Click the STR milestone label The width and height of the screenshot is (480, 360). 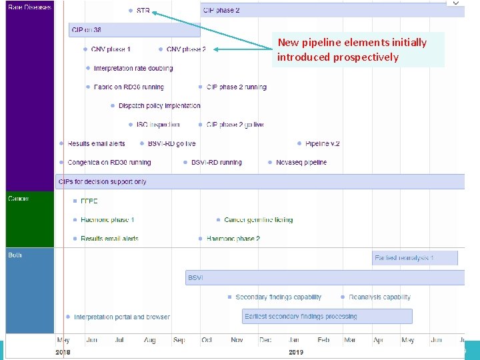point(143,11)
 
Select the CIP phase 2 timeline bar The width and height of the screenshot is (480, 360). point(332,11)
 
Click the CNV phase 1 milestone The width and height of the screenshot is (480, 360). point(110,49)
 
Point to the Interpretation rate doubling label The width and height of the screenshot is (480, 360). point(133,68)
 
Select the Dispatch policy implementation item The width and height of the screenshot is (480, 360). point(159,106)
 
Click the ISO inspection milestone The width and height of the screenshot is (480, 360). point(157,125)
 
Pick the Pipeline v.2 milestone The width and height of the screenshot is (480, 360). point(322,143)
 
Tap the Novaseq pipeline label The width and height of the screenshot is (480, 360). point(301,162)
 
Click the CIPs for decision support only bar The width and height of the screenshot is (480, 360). point(260,181)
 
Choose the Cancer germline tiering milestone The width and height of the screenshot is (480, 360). point(258,219)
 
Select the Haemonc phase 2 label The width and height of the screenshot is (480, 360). point(233,239)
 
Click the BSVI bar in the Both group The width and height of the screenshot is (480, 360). point(325,277)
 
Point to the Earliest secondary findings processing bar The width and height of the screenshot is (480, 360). point(327,316)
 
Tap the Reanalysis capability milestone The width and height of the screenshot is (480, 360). point(379,297)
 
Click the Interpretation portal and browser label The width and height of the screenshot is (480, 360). point(121,317)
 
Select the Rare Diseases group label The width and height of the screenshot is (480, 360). point(29,7)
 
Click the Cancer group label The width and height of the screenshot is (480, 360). point(19,198)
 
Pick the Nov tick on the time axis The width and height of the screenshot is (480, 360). point(237,340)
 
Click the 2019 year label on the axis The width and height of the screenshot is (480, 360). point(296,351)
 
